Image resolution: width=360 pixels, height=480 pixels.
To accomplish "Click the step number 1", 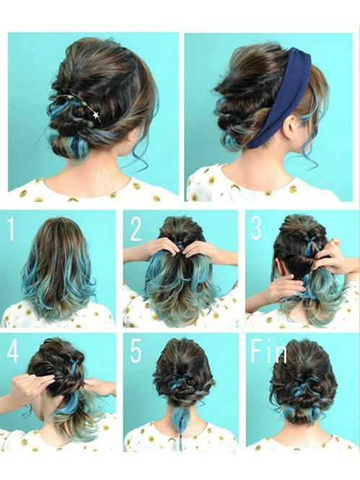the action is coord(12,228).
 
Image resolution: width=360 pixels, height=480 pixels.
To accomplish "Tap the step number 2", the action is coord(136,229).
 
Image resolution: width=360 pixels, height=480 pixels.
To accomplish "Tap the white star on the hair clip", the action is coord(96,115).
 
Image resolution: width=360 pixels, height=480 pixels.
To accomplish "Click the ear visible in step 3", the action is coord(279,265).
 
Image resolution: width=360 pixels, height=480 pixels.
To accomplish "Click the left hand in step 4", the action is coord(30,385).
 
